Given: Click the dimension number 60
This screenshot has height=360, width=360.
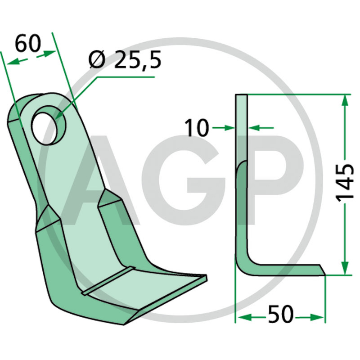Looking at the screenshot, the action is tap(28, 43).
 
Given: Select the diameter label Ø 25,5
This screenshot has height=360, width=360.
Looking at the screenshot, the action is tap(125, 60).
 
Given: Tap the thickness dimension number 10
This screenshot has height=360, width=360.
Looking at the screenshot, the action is tap(197, 128).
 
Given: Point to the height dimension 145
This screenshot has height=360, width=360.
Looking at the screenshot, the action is tap(345, 183).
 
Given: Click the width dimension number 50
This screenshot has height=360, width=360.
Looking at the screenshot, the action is tap(280, 314).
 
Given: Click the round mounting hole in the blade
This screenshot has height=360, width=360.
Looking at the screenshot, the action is tap(49, 126).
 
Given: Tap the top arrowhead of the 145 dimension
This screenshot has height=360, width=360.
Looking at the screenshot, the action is tap(345, 100).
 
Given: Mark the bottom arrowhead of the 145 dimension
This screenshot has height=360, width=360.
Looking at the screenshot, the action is tap(345, 269).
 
